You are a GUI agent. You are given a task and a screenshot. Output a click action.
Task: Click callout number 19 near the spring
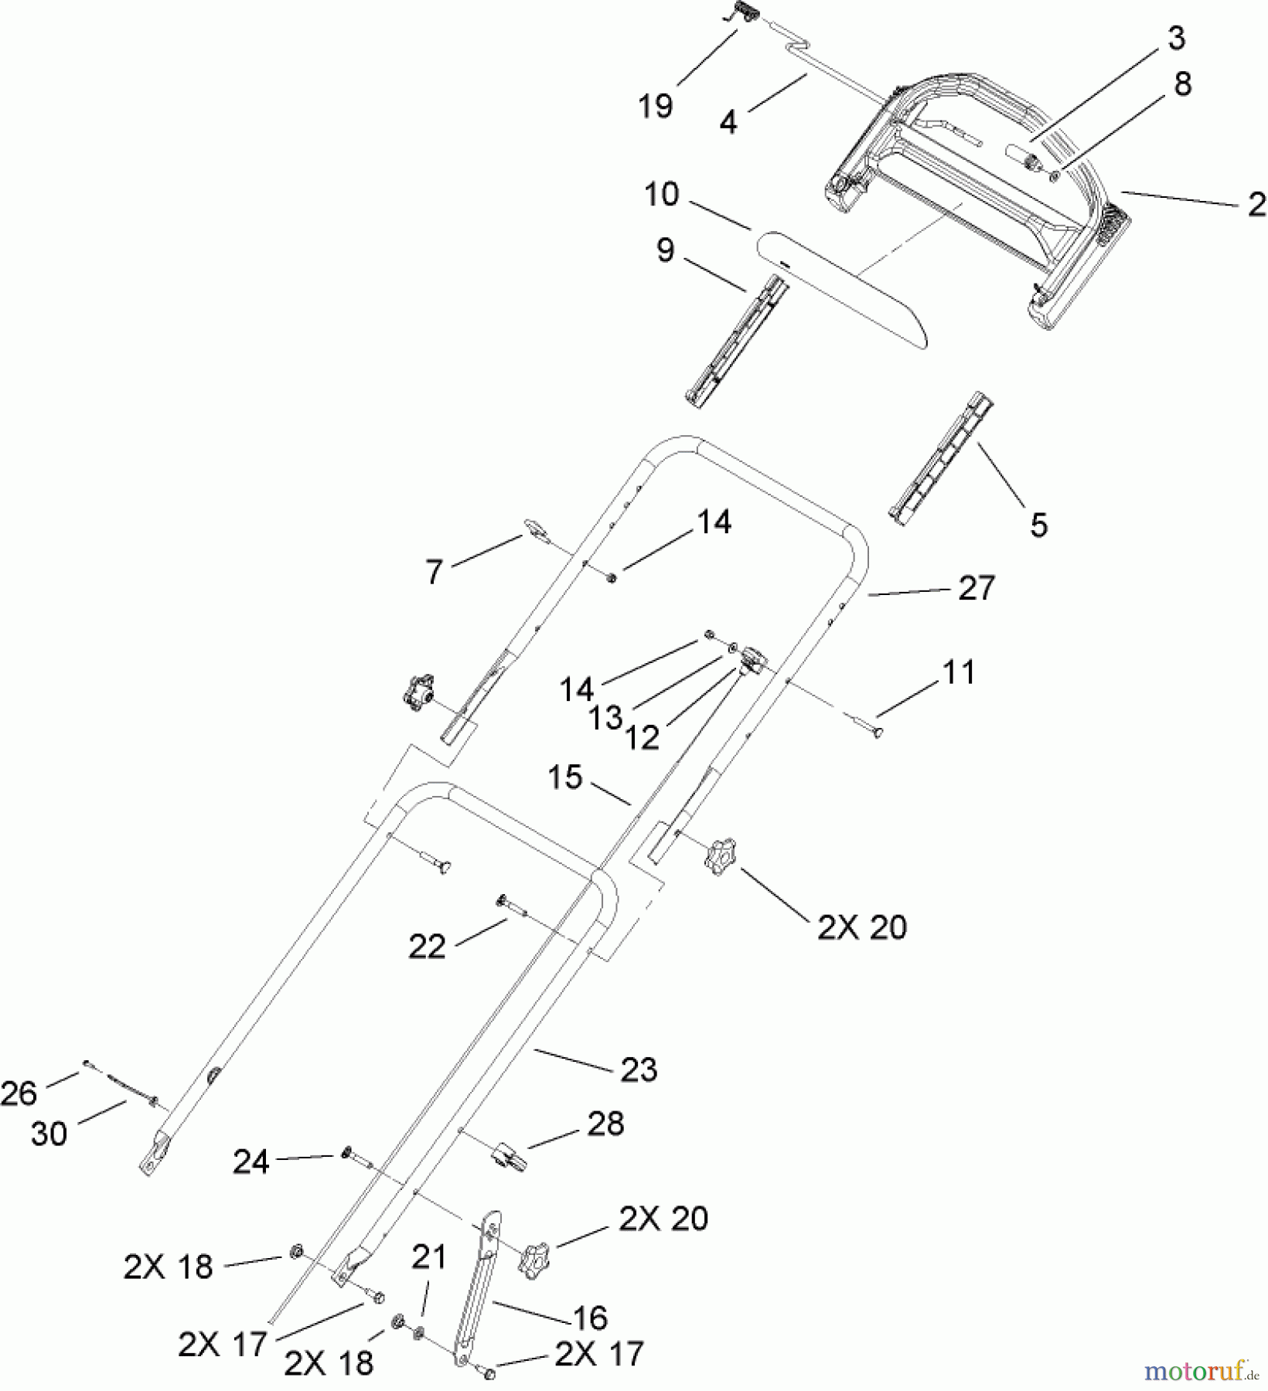click(x=655, y=106)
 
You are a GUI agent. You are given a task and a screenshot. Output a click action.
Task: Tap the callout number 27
click(x=976, y=589)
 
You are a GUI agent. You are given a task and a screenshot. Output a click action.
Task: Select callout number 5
click(x=1038, y=525)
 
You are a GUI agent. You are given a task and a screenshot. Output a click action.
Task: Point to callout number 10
click(x=661, y=195)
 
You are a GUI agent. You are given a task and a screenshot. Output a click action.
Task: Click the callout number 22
click(x=427, y=946)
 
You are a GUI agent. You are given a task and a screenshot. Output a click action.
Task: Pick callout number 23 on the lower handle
click(x=639, y=1070)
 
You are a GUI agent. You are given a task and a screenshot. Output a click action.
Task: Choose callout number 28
click(x=605, y=1124)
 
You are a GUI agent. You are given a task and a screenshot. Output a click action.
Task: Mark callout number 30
click(x=49, y=1134)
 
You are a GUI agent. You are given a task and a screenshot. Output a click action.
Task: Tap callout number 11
click(x=960, y=672)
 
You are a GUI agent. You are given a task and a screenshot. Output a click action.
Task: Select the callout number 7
click(x=434, y=573)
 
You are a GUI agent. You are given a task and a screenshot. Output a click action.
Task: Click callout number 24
click(x=251, y=1162)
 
